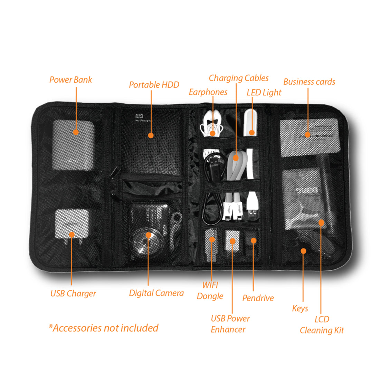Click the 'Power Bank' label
(70, 80)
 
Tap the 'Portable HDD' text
(154, 85)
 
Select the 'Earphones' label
(208, 92)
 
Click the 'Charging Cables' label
(238, 78)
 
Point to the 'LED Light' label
(264, 93)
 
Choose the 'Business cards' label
(309, 82)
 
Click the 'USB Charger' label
(73, 294)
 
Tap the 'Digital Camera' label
(156, 293)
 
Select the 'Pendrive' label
(258, 298)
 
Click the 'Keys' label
(300, 308)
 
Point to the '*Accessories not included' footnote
(104, 328)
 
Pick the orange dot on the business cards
(307, 135)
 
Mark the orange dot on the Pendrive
(253, 240)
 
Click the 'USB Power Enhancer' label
(230, 324)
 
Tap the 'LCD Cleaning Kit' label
(322, 325)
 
